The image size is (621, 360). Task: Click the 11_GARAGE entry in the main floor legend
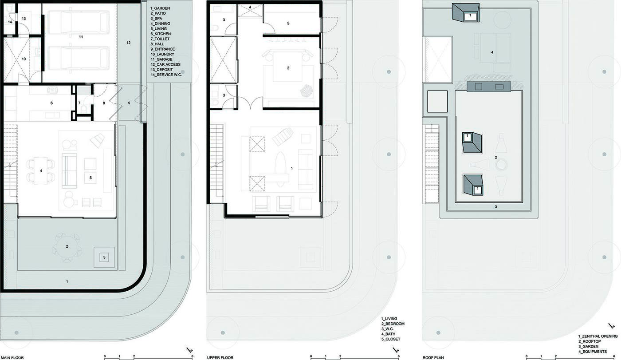click(161, 59)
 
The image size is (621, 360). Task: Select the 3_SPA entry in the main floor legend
click(156, 18)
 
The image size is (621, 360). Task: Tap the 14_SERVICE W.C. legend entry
click(166, 75)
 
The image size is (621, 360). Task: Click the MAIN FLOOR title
click(12, 357)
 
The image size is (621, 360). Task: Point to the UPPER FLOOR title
click(220, 357)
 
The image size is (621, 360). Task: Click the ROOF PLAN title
click(433, 357)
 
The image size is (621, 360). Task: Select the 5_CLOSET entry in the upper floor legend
click(391, 339)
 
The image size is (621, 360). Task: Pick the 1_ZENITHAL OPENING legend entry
click(598, 336)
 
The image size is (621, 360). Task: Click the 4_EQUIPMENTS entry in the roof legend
click(593, 352)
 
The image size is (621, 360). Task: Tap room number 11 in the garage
click(81, 36)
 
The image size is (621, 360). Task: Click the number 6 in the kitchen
click(51, 103)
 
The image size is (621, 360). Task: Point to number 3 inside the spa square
click(104, 257)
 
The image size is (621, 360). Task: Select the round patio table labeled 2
click(67, 247)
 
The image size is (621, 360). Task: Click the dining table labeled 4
click(41, 171)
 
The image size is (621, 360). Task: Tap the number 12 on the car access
click(128, 43)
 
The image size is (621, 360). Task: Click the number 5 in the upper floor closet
click(288, 23)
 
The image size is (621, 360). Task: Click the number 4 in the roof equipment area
click(492, 52)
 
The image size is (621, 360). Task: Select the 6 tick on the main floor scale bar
click(192, 356)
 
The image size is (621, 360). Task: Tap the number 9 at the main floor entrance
click(129, 103)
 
